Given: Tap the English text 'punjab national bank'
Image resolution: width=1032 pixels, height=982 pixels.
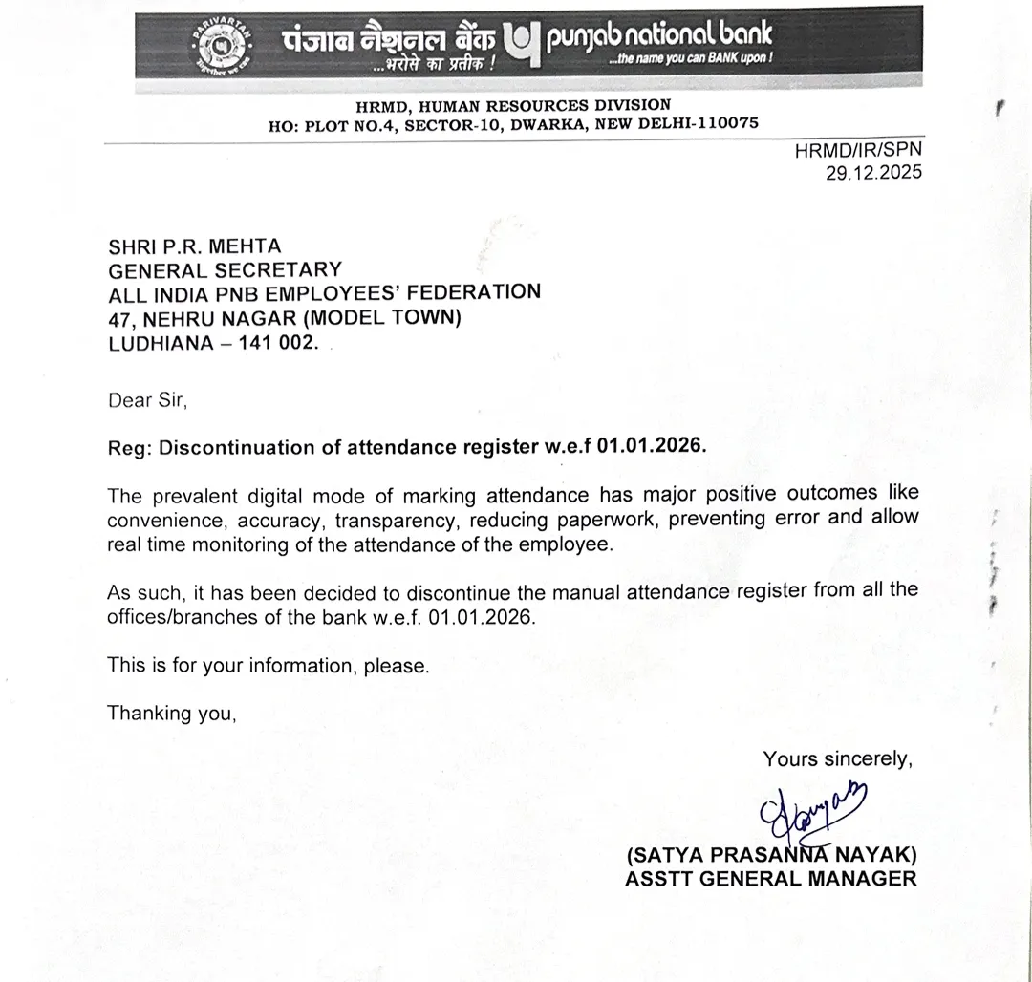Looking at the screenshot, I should click(x=658, y=36).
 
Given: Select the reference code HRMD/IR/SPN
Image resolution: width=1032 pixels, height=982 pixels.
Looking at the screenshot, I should click(x=858, y=150).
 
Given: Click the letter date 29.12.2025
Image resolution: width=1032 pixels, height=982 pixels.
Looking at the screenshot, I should click(x=873, y=172).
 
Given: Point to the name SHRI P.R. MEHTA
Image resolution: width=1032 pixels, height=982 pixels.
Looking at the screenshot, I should click(x=194, y=246).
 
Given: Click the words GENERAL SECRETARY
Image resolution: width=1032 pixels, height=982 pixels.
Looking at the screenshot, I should click(x=224, y=270).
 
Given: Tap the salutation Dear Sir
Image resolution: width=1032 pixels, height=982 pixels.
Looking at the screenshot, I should click(x=147, y=400).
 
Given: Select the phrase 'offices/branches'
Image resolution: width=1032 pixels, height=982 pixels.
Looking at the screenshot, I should click(x=183, y=616).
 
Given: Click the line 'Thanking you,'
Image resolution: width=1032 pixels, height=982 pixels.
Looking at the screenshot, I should click(x=171, y=713).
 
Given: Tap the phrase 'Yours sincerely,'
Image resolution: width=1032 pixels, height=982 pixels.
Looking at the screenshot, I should click(x=837, y=759).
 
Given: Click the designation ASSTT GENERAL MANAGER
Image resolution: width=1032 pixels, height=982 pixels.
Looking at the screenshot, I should click(x=770, y=878).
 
